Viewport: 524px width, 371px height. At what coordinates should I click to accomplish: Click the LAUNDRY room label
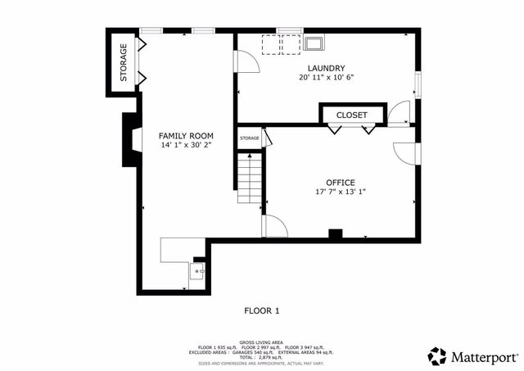tap(326, 68)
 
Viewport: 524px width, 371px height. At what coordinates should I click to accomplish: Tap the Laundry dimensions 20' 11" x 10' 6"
tap(326, 78)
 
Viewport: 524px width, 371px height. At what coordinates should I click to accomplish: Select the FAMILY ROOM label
tap(186, 135)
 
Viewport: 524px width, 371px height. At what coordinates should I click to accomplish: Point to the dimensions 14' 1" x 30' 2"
tap(186, 145)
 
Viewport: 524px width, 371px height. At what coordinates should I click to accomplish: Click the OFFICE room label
tap(341, 182)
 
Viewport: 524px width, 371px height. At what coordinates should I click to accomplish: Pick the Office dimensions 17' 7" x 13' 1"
tap(341, 192)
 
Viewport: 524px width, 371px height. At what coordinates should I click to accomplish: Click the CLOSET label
tap(352, 115)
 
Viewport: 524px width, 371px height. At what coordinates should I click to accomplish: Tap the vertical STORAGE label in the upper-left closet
tap(124, 61)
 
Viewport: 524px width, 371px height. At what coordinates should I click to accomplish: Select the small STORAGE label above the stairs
tap(250, 138)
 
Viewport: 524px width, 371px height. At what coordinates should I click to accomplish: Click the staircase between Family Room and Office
tap(249, 179)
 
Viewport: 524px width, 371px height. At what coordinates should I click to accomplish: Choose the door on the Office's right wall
tap(405, 152)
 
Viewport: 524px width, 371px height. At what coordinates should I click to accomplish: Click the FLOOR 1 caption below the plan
tap(262, 310)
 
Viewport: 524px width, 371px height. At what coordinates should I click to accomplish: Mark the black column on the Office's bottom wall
tap(335, 235)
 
